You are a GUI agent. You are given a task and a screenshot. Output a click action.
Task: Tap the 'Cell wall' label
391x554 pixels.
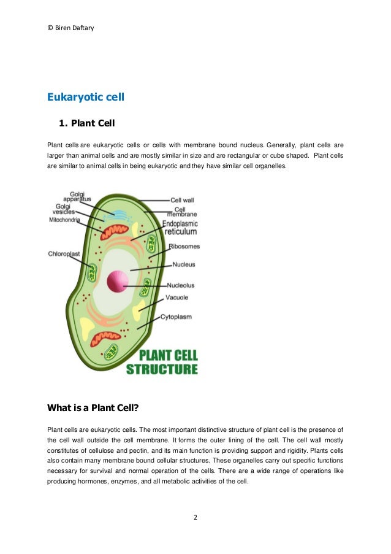(182, 200)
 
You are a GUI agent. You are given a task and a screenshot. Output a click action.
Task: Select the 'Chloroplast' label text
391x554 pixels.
(64, 253)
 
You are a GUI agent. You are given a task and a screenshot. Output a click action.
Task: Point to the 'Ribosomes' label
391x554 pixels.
(184, 247)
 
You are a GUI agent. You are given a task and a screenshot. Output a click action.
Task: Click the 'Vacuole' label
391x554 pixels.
(177, 298)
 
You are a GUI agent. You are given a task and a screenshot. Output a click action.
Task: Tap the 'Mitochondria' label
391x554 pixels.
(64, 220)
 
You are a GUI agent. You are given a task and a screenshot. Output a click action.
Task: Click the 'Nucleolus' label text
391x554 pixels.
(181, 285)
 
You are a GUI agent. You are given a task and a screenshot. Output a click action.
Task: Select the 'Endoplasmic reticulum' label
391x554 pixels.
(180, 228)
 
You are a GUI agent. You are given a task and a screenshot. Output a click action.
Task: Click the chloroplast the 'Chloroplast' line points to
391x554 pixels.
(92, 272)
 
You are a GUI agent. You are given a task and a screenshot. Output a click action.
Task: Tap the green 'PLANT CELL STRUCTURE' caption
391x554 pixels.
(162, 362)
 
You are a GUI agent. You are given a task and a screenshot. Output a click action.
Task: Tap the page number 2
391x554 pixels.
(195, 517)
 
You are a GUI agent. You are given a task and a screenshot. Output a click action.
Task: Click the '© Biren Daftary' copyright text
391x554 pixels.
(69, 28)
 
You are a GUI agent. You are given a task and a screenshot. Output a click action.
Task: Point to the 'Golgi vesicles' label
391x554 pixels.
(64, 209)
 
